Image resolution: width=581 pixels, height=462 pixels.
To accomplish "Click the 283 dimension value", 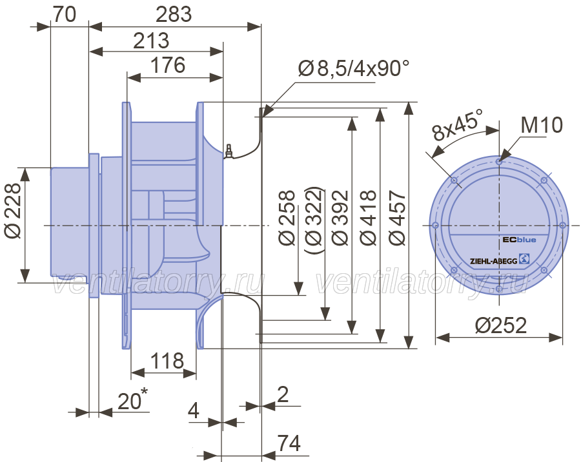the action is tap(174, 15).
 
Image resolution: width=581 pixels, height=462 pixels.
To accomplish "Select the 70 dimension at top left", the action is tap(65, 15).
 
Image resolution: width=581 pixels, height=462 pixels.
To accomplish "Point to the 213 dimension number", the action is tap(151, 41).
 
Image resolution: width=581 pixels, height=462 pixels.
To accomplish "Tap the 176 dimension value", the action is tap(167, 65).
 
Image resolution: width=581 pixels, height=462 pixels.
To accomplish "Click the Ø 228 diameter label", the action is tap(14, 211).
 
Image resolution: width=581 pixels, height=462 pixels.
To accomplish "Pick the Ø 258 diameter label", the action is tap(287, 218).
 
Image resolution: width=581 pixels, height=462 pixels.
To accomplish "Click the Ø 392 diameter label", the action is tap(340, 218).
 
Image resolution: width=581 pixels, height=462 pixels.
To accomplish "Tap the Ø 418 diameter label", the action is tap(369, 218).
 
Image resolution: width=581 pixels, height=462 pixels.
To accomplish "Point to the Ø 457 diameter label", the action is tap(397, 218).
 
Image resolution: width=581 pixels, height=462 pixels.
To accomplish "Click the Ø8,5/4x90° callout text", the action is tap(354, 68).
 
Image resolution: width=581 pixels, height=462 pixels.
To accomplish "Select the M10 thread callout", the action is tap(542, 125).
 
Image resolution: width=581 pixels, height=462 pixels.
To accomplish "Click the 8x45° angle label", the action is tap(458, 124).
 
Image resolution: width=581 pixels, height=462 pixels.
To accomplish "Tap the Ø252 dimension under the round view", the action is tap(500, 325).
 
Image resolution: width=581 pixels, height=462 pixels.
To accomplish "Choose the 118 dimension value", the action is tap(167, 361).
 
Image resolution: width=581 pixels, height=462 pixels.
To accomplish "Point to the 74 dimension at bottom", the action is tap(289, 443).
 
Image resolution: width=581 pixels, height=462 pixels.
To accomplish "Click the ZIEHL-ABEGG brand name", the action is tap(493, 261).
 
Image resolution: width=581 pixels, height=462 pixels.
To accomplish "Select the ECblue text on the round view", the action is tap(519, 240).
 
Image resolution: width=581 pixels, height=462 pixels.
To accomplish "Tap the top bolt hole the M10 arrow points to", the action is tap(499, 161).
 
